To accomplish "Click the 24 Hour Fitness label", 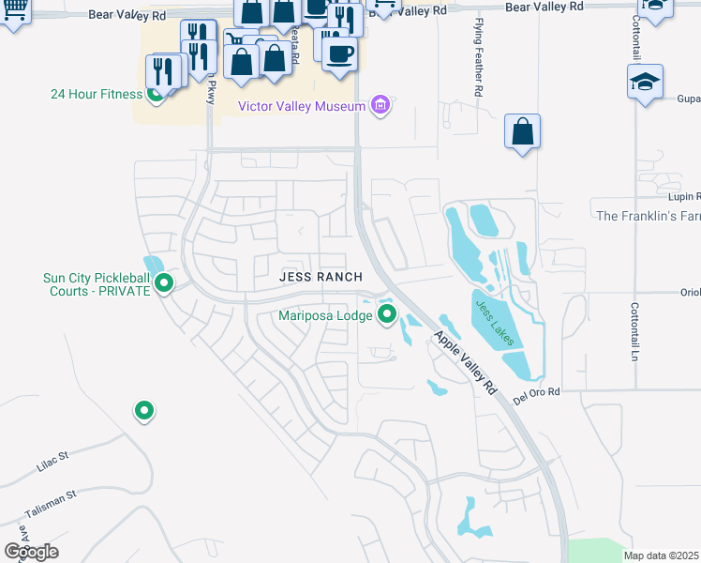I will click(97, 94).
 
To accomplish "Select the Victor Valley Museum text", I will click(301, 106).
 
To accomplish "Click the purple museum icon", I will click(380, 105).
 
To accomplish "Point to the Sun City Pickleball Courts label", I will click(97, 284).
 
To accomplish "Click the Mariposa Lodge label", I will click(325, 315).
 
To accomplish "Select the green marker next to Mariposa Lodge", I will click(386, 314).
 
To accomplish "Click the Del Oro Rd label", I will click(536, 392).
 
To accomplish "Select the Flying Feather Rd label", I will click(478, 70).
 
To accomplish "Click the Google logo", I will click(31, 552).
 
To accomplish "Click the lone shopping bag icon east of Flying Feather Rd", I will click(522, 133).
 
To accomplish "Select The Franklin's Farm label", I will click(648, 216).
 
